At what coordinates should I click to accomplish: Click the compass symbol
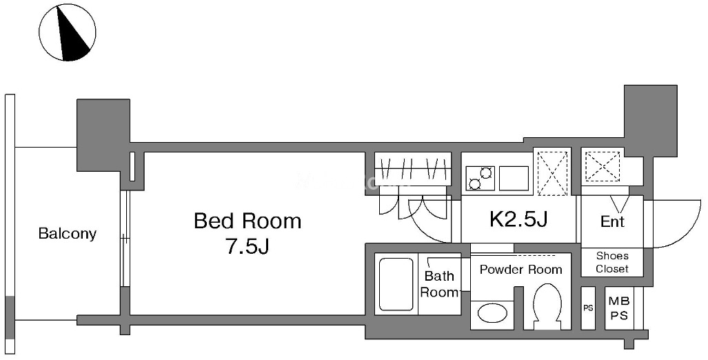tap(68, 33)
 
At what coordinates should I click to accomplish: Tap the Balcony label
tap(68, 234)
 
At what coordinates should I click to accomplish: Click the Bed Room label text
tap(247, 221)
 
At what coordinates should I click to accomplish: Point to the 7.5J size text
tap(247, 247)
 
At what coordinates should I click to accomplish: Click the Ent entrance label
tap(612, 221)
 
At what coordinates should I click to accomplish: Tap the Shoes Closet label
tap(611, 263)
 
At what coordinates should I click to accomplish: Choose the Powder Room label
tap(520, 270)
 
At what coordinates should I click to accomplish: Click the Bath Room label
tap(439, 283)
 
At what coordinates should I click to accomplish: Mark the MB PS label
tap(620, 308)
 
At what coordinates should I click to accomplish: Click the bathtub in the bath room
tap(396, 283)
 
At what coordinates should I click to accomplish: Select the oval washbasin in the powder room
tap(492, 313)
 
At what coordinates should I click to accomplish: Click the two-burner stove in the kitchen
tap(481, 178)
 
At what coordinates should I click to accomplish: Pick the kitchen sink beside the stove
tap(514, 178)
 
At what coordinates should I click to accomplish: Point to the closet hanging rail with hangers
tap(413, 169)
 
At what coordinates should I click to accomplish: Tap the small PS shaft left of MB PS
tap(588, 308)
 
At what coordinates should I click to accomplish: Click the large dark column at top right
tap(650, 121)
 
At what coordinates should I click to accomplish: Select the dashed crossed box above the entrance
tap(603, 166)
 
